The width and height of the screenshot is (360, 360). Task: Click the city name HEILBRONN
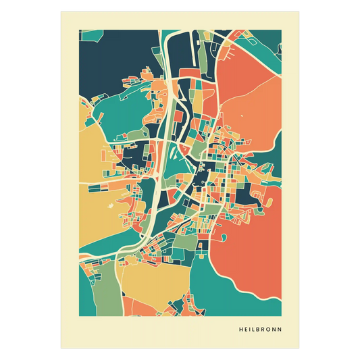(x=261, y=330)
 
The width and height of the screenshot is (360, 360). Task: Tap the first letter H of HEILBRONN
(x=241, y=330)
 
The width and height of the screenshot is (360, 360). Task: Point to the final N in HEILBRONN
(x=280, y=330)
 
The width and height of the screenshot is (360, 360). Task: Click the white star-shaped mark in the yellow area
(x=122, y=200)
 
